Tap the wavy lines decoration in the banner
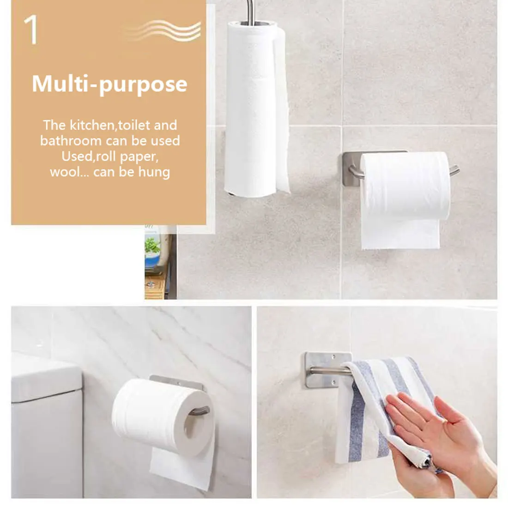click(164, 30)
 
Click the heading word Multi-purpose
click(109, 84)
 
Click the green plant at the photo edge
click(152, 245)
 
